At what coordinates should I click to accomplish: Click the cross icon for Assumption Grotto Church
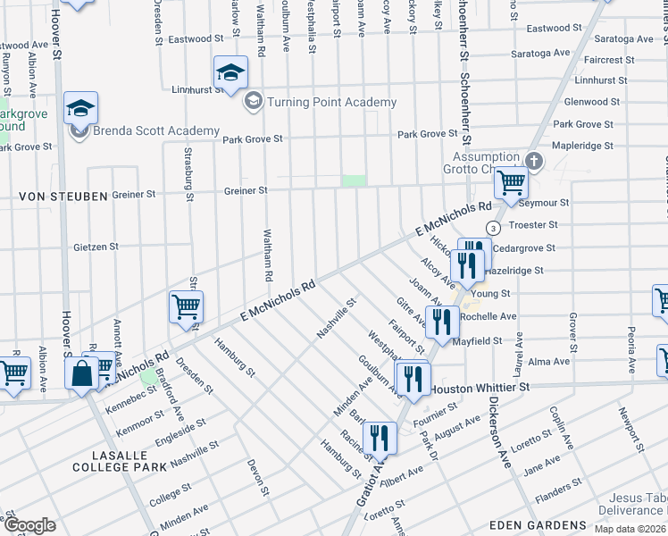[x=534, y=162]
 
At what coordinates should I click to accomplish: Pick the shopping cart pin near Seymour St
[x=512, y=184]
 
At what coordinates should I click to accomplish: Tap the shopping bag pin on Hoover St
[x=82, y=373]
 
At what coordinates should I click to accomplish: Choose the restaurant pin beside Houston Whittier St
[x=413, y=378]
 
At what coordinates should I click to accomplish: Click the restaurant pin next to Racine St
[x=380, y=438]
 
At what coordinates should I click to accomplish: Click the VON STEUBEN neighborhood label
[x=49, y=196]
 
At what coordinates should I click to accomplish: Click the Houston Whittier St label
[x=480, y=389]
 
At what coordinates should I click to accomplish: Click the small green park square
[x=355, y=180]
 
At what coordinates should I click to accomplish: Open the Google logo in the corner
[x=29, y=524]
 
